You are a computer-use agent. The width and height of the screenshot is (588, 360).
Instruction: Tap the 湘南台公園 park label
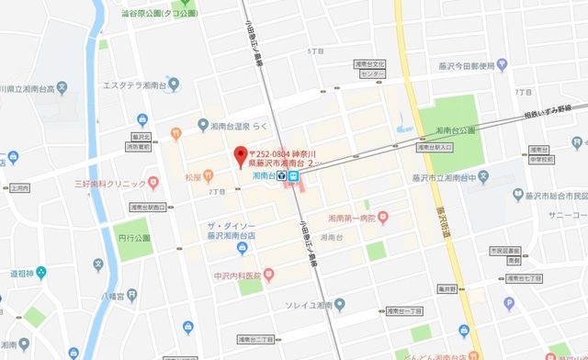[457, 131]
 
